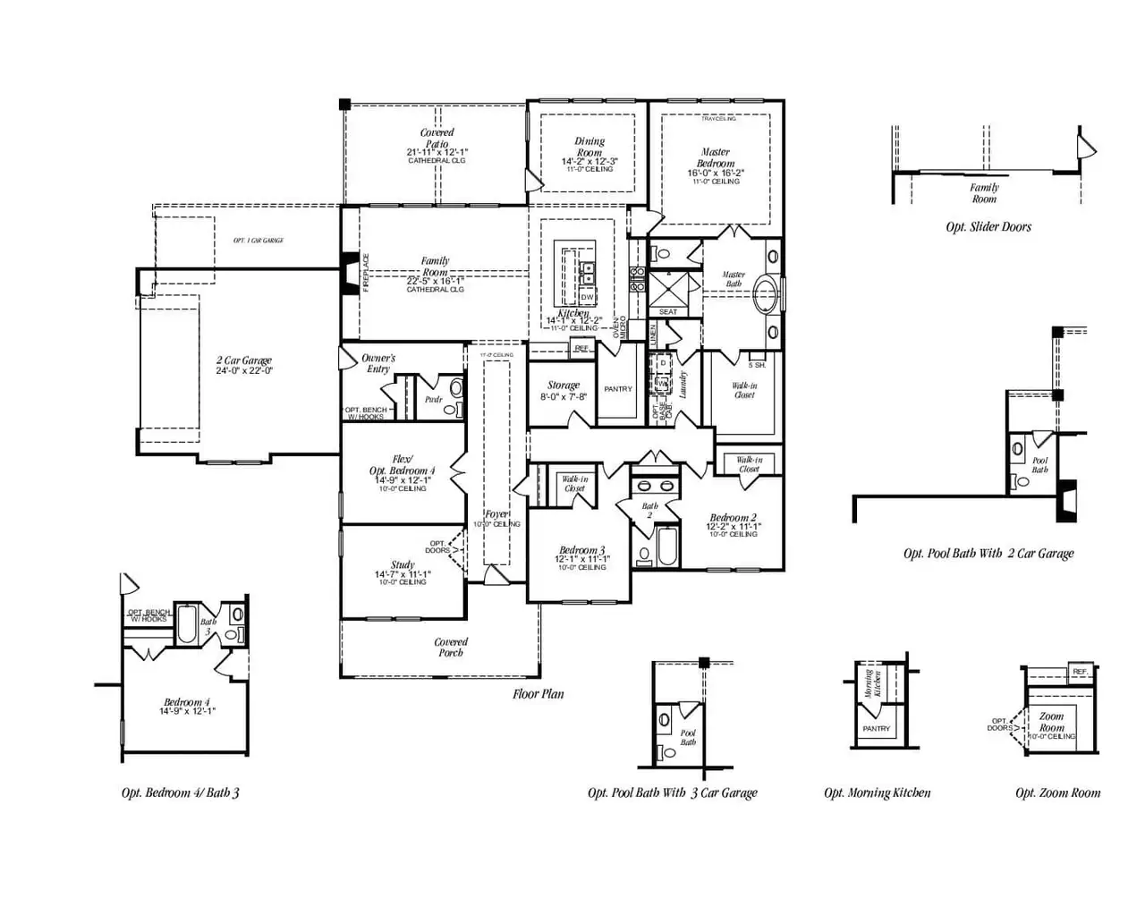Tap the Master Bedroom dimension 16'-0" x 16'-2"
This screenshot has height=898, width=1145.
[716, 174]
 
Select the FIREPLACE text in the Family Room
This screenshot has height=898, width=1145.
[366, 272]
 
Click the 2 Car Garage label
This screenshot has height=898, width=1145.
[243, 360]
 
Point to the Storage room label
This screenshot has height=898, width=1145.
[564, 385]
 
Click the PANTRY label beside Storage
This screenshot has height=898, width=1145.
[618, 389]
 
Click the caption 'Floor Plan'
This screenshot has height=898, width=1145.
[538, 694]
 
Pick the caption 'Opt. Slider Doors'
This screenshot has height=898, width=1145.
[988, 227]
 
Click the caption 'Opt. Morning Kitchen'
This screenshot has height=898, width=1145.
[877, 792]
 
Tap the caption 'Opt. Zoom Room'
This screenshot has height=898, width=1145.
[1057, 792]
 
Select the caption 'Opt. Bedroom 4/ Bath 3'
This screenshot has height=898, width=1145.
[181, 792]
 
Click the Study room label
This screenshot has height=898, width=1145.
[403, 565]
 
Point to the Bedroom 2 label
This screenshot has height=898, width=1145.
[733, 518]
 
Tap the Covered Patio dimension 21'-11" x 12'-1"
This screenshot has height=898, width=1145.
[437, 153]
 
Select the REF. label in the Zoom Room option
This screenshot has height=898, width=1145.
[1080, 672]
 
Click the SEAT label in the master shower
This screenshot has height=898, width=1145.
[668, 312]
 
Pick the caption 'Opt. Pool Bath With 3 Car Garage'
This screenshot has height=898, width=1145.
[672, 792]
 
